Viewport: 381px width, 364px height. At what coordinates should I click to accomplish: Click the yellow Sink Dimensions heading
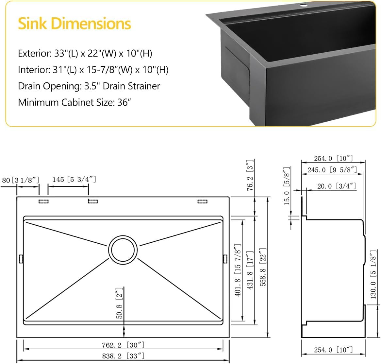coord(75,24)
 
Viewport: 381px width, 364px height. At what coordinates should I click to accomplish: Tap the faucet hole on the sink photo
coord(304,6)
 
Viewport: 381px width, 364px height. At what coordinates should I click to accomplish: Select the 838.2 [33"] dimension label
coord(123,356)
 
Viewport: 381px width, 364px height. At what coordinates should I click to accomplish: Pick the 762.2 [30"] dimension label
coord(123,345)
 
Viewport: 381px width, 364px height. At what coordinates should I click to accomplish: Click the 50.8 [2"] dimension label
coord(119,303)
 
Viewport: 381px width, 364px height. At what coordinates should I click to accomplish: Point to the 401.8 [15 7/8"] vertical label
coord(238,270)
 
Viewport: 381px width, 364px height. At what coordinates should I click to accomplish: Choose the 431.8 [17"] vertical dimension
coord(250,270)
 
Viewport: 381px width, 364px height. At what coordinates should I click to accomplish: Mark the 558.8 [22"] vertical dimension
coord(263,267)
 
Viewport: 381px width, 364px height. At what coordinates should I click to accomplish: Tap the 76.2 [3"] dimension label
coord(250,176)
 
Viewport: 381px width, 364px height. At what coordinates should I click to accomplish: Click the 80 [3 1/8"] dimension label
coord(21,180)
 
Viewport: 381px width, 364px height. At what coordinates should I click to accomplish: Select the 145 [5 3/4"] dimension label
coord(74,179)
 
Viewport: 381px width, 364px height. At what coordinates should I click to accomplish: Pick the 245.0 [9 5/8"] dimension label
coord(332,170)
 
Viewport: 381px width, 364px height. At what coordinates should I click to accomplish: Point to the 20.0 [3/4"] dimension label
coord(337,186)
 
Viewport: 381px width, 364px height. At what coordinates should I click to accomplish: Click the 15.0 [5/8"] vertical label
coord(287,185)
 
